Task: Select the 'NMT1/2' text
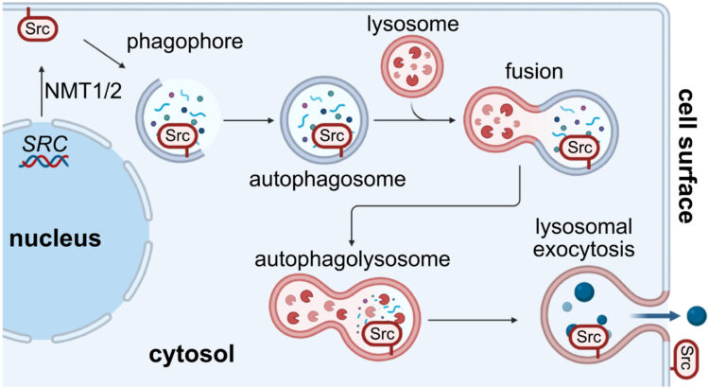81,92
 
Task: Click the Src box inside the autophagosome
332,134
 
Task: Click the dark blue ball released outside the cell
696,315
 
